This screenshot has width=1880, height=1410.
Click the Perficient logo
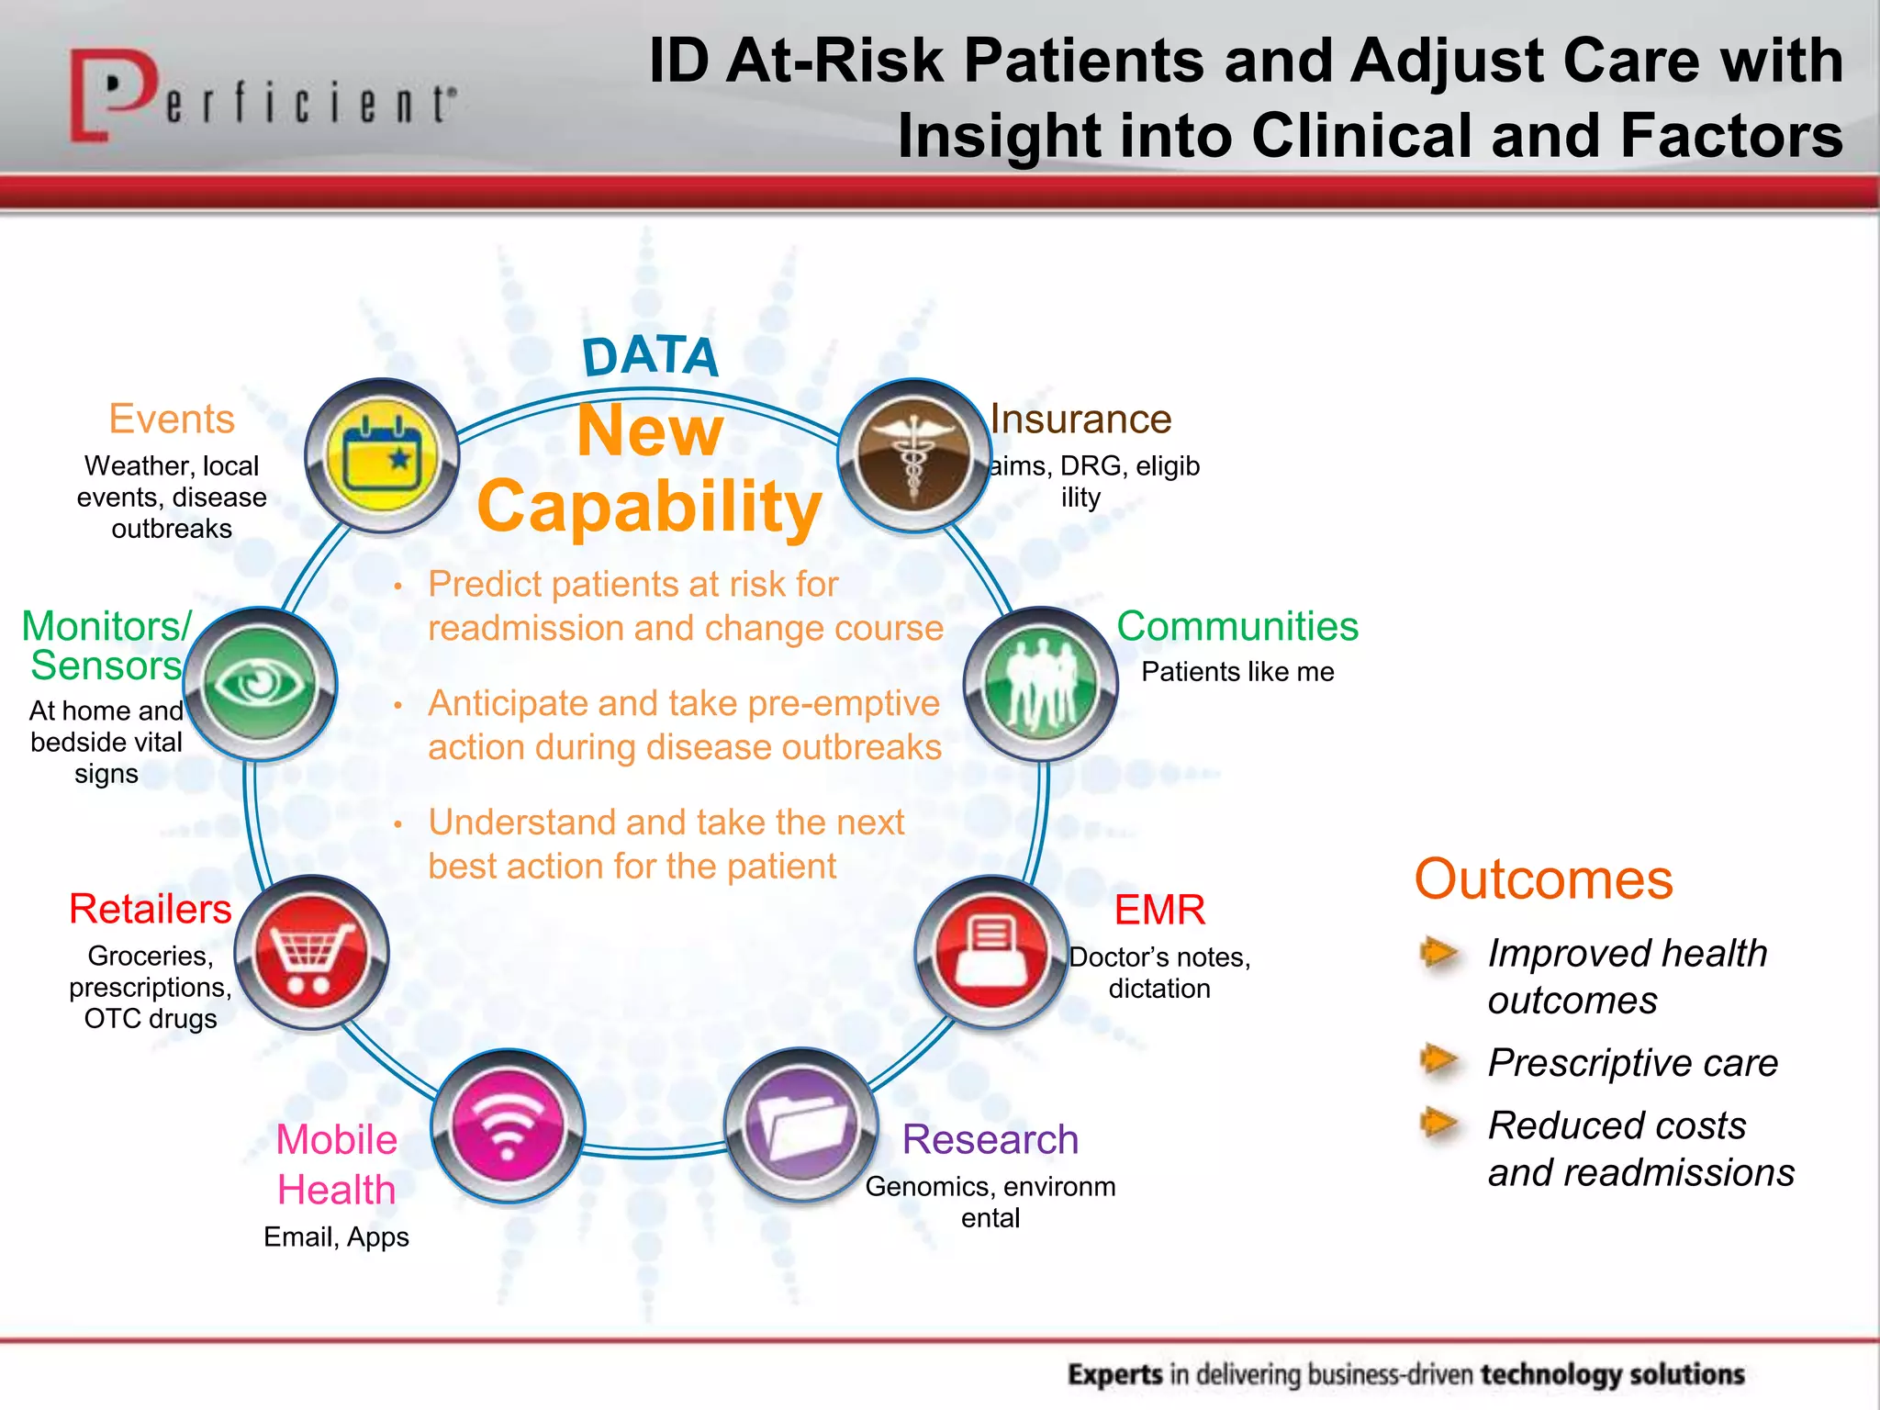point(262,96)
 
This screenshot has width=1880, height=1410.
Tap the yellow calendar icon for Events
point(382,455)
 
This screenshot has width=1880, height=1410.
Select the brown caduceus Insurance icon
point(914,455)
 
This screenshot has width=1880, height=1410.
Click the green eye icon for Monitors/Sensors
point(261,684)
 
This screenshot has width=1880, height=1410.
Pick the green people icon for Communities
point(1040,684)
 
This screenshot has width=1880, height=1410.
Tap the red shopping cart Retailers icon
point(311,953)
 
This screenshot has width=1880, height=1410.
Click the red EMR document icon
point(990,953)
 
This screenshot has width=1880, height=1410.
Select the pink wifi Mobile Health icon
point(508,1126)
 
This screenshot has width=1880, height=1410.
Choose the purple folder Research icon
point(801,1126)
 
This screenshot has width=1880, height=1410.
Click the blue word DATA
point(650,356)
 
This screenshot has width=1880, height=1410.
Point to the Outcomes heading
point(1543,879)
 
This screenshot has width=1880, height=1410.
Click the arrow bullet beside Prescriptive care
point(1439,1061)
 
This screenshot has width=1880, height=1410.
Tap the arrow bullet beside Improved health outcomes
point(1439,953)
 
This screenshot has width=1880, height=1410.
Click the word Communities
point(1237,627)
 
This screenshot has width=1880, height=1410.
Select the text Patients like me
point(1237,672)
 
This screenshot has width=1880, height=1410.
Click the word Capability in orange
point(649,507)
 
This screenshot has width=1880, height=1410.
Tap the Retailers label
point(151,910)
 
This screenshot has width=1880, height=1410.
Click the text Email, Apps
point(336,1237)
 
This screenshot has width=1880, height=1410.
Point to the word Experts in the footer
point(1115,1374)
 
